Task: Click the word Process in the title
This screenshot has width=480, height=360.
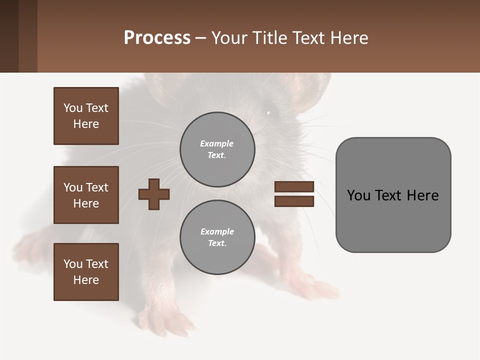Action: (157, 38)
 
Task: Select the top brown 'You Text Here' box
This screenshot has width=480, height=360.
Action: (86, 116)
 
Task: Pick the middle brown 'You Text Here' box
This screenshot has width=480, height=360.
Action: (86, 195)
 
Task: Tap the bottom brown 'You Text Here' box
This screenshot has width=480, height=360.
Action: (86, 272)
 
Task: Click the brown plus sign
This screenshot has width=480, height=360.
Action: (154, 194)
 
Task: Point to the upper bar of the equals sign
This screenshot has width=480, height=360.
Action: (294, 186)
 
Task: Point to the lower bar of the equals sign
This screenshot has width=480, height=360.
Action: (294, 201)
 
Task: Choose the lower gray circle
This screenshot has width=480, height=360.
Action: (217, 237)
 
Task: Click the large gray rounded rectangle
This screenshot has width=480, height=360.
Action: (393, 220)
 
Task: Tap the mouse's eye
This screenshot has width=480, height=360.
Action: (268, 112)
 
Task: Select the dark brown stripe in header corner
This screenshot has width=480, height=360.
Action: (9, 36)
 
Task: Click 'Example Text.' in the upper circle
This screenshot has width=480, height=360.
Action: (217, 149)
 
